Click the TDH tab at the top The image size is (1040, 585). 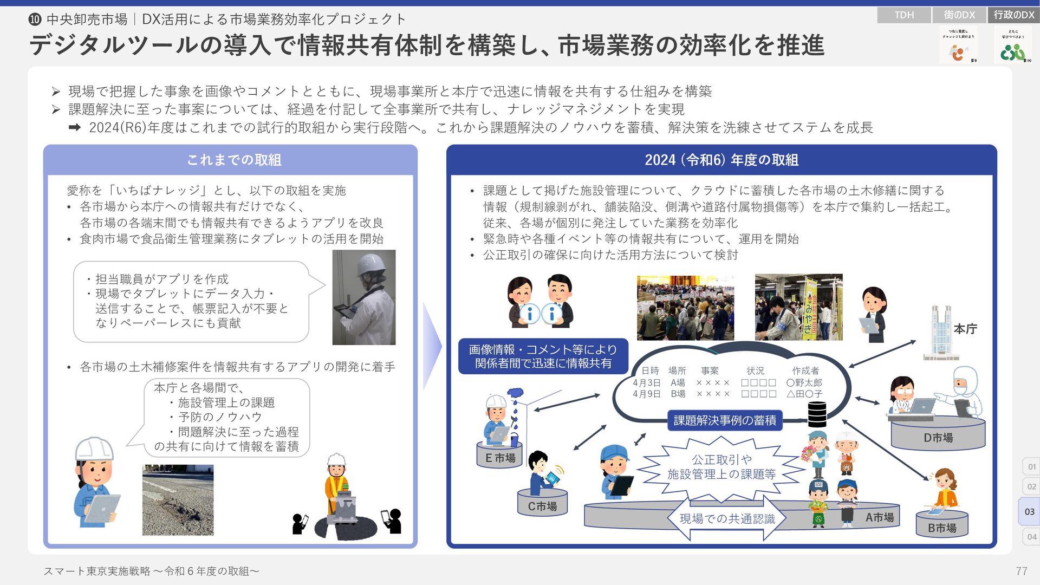tap(903, 15)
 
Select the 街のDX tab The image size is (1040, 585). tap(959, 15)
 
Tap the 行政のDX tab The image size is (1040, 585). tap(1014, 15)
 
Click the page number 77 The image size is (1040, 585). tap(1021, 571)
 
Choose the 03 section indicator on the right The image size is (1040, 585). tap(1029, 511)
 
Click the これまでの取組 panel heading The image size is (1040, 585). tap(233, 160)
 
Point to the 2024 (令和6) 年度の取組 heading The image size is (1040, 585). tap(721, 160)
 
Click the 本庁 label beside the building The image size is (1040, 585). tap(965, 329)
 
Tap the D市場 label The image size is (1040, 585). tap(938, 438)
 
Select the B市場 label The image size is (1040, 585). tap(941, 528)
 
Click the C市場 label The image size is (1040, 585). tap(542, 506)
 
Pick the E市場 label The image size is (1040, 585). tap(500, 458)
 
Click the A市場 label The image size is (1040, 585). tap(879, 517)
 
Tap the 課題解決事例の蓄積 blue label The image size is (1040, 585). tap(725, 420)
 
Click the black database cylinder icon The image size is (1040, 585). tap(817, 414)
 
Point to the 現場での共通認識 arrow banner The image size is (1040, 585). tap(727, 519)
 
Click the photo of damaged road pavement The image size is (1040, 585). tap(178, 499)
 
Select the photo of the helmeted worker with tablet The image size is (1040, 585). tap(363, 297)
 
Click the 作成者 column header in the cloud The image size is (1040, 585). tap(805, 370)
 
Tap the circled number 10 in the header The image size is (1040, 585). tap(35, 19)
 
